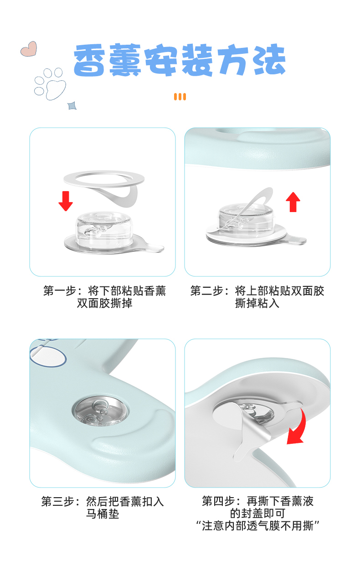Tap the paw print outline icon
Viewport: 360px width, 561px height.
[x=50, y=82]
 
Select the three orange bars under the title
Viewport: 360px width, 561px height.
[x=180, y=97]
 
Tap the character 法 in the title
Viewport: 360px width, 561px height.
[x=268, y=61]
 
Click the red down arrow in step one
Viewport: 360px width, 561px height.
[x=66, y=201]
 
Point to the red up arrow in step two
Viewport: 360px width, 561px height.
[x=293, y=202]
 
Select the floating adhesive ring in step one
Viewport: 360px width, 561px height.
[x=104, y=178]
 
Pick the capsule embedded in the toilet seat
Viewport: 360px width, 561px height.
[x=100, y=410]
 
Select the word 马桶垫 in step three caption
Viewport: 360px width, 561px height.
[x=103, y=514]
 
